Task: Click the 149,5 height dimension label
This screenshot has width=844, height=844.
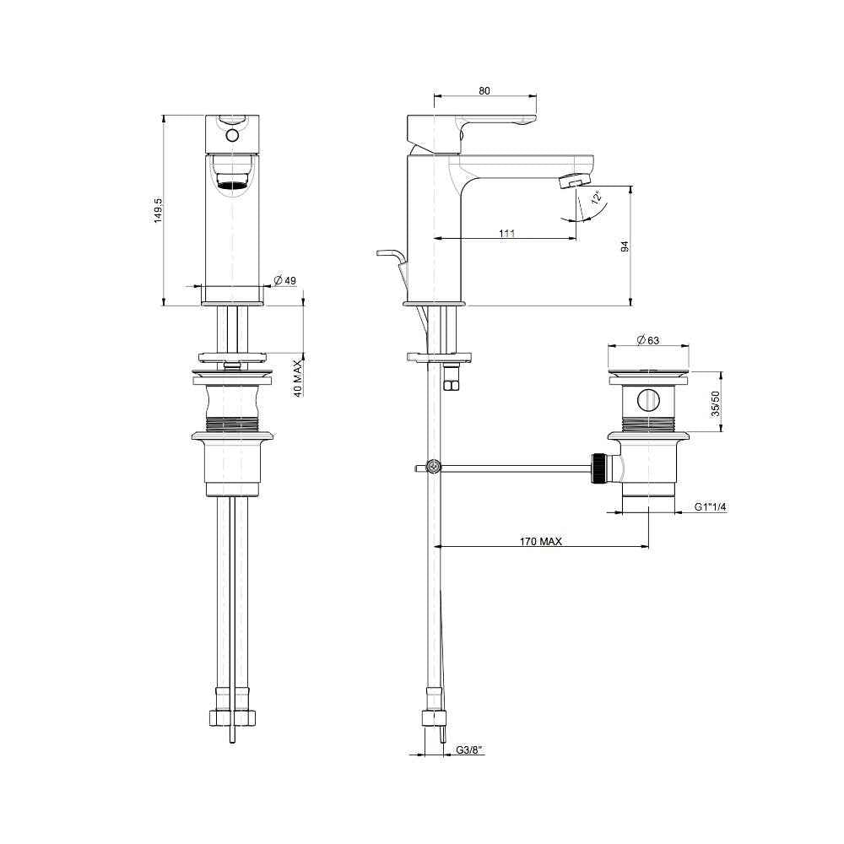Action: coord(159,210)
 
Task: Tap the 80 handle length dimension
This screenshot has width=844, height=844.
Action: coord(484,91)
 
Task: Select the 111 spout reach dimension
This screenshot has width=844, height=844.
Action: coord(506,233)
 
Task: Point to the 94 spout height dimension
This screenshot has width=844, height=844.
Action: coord(625,246)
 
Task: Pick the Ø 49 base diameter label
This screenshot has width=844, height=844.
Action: coord(284,280)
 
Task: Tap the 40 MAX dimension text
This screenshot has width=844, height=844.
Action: coord(298,379)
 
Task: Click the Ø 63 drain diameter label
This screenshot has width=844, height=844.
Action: coord(647,340)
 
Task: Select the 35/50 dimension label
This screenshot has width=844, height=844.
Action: coord(716,403)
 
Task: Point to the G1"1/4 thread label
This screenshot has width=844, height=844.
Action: coord(710,506)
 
